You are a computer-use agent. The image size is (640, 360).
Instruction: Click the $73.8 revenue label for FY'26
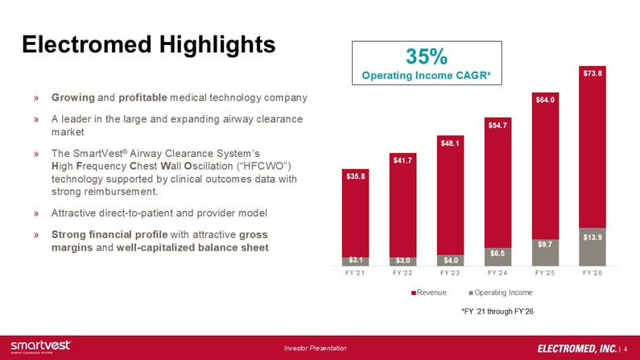[593, 73]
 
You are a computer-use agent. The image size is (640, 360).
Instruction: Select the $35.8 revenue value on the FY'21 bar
[356, 176]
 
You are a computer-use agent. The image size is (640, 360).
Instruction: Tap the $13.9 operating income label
[593, 237]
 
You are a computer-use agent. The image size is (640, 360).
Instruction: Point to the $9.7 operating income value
[545, 245]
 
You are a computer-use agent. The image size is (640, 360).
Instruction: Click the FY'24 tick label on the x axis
[498, 273]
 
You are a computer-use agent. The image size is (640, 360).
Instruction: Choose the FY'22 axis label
[403, 273]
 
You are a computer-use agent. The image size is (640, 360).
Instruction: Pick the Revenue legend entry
[429, 292]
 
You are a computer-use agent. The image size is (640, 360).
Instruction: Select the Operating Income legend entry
[501, 292]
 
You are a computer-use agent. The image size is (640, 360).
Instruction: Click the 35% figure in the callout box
[427, 56]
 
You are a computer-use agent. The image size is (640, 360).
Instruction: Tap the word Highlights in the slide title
[217, 44]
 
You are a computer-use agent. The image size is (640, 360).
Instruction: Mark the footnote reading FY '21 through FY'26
[498, 312]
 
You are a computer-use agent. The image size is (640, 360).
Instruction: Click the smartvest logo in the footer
[40, 346]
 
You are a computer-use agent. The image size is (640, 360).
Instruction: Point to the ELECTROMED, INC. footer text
[576, 349]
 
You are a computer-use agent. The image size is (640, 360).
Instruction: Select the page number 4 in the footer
[626, 349]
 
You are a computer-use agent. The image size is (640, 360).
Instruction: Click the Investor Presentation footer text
[315, 348]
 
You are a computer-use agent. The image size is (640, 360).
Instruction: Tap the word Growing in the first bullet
[73, 98]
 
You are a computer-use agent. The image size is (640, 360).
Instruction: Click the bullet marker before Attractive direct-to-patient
[36, 213]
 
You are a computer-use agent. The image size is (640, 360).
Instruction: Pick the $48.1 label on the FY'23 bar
[450, 143]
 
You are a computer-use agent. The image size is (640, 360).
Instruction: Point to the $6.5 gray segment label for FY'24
[498, 254]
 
